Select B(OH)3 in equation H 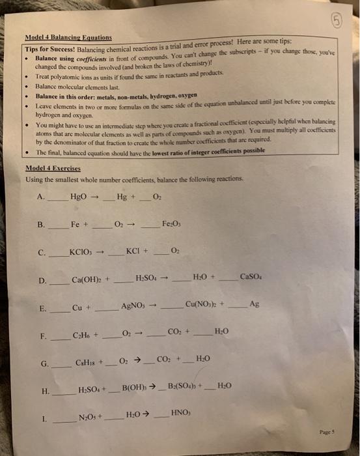[x=137, y=390]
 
